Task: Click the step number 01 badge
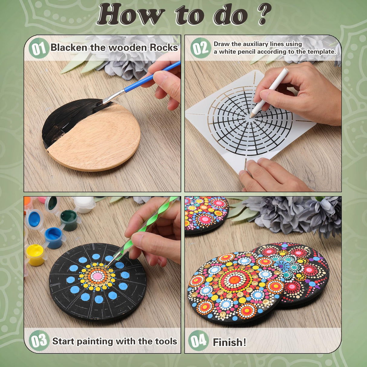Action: click(x=38, y=48)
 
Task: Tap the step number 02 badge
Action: click(x=200, y=48)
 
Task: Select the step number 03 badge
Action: click(x=39, y=341)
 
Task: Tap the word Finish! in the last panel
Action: click(x=229, y=342)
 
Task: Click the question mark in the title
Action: click(x=263, y=14)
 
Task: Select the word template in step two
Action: click(x=321, y=52)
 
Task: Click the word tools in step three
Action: click(x=166, y=341)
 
